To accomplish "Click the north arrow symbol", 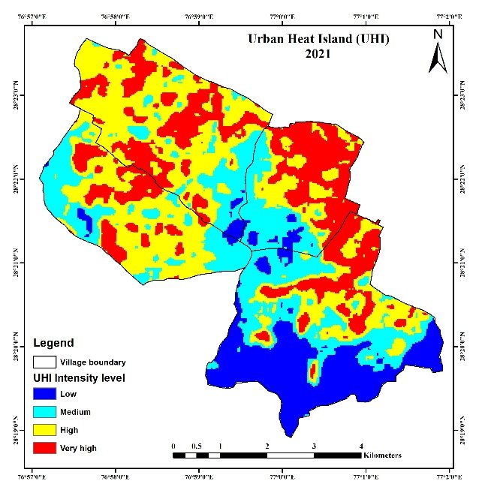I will (x=438, y=57).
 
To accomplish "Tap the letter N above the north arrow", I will (x=438, y=35).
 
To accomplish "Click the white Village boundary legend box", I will (x=46, y=362).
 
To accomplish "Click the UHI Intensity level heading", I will (x=77, y=377).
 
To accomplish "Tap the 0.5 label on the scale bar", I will (x=197, y=446).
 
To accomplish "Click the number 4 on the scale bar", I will (x=361, y=446).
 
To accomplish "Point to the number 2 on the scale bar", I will (x=267, y=446).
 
